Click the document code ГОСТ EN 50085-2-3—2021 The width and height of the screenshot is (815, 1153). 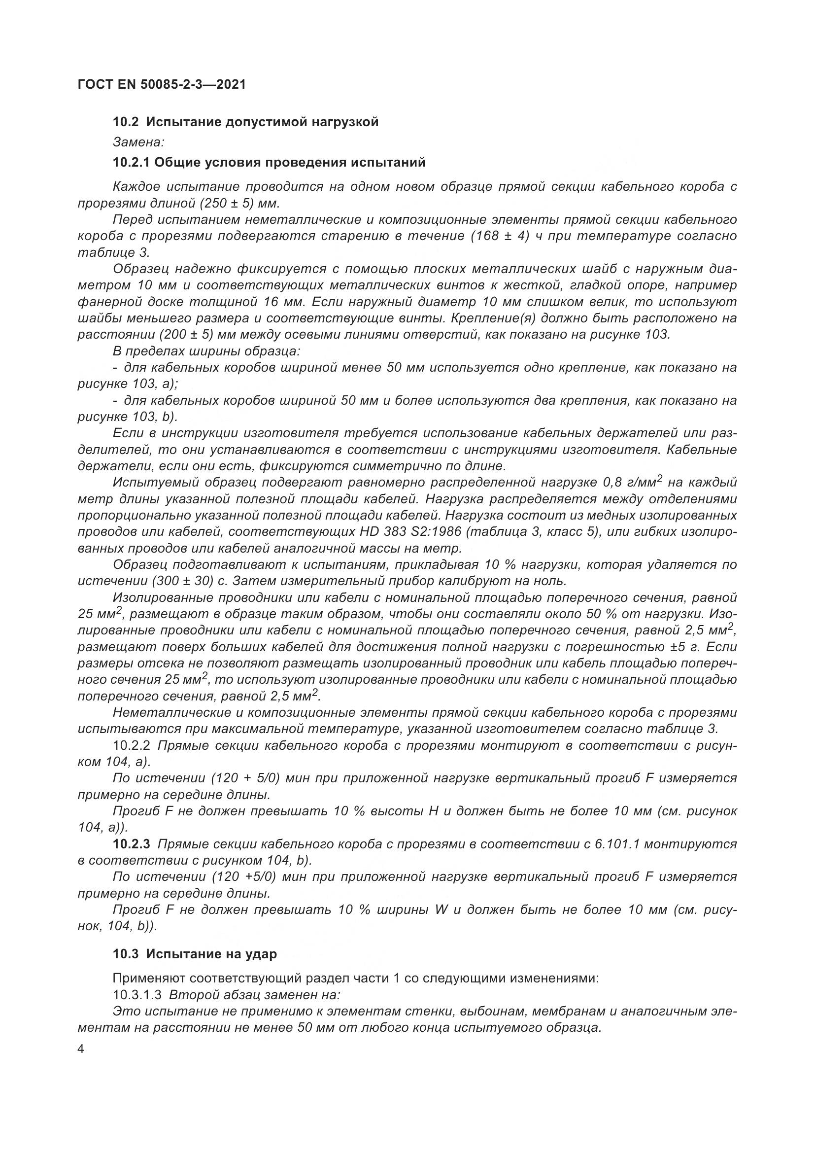[162, 84]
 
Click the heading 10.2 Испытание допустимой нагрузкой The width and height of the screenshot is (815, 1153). [245, 122]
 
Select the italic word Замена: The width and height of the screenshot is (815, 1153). [138, 142]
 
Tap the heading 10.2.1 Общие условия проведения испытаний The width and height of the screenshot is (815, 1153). [269, 162]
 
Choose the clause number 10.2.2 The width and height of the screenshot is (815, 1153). [132, 745]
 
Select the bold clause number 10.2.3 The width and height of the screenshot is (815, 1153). [132, 843]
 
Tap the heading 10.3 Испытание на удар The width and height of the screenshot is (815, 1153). [195, 954]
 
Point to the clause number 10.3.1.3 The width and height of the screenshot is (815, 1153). [137, 994]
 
